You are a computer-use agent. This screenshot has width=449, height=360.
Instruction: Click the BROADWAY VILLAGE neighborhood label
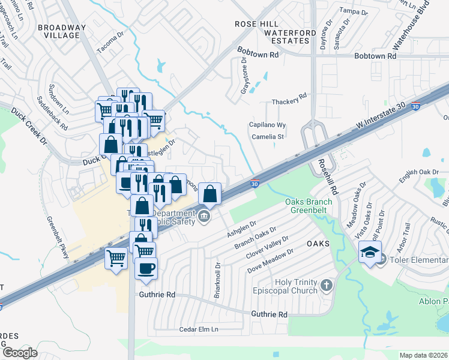pyautogui.click(x=58, y=31)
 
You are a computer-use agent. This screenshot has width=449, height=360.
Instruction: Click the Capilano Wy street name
pyautogui.click(x=267, y=125)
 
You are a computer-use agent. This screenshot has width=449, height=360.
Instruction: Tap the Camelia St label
pyautogui.click(x=267, y=137)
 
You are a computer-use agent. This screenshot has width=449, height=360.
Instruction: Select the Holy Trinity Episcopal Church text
pyautogui.click(x=296, y=287)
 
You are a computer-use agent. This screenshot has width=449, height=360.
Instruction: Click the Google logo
pyautogui.click(x=20, y=352)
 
